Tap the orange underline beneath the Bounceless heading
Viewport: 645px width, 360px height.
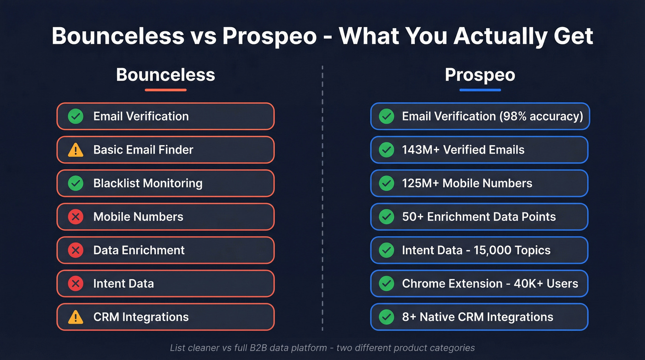coord(165,90)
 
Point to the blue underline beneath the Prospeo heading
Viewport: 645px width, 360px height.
coord(480,90)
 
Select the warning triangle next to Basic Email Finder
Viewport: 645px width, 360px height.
coord(76,150)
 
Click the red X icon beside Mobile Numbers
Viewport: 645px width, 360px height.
coord(76,217)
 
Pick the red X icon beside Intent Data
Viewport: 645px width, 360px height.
coord(76,283)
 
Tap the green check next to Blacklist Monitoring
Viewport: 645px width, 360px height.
coord(76,183)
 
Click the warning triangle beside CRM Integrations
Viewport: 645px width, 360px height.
coord(76,317)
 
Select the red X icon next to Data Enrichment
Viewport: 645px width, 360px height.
coord(76,250)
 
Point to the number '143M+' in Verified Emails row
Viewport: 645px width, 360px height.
coord(420,150)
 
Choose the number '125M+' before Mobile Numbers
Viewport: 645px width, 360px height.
coord(420,183)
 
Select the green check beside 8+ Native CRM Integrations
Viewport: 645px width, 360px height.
coord(386,317)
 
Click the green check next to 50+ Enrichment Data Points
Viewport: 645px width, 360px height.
coord(386,217)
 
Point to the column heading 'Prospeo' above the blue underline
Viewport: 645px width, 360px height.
coord(480,75)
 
